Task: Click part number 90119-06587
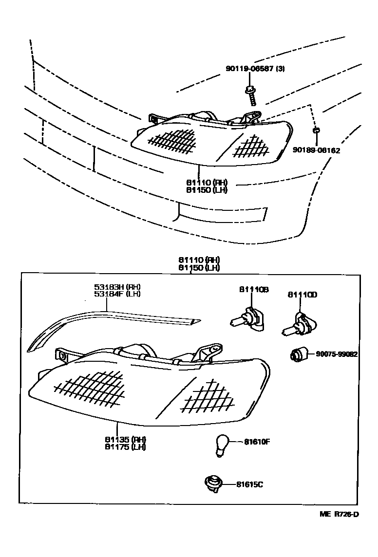(x=250, y=69)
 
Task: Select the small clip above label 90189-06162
(x=316, y=130)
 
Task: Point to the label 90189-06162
(x=317, y=150)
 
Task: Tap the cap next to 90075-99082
(x=298, y=354)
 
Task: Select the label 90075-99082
(x=337, y=354)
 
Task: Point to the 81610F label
(x=253, y=442)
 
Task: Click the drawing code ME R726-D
(x=339, y=514)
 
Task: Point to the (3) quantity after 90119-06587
(x=281, y=69)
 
